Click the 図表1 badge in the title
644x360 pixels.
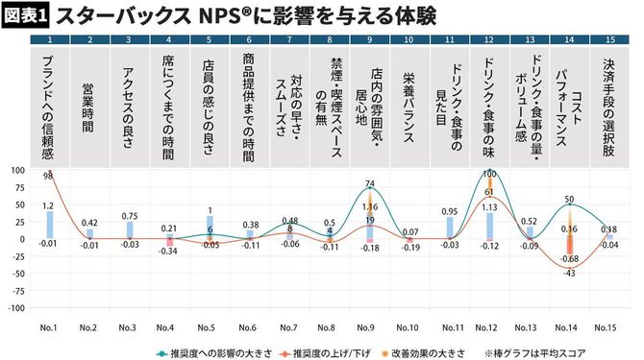(26, 15)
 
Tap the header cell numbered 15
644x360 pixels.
(609, 39)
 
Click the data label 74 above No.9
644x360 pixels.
(370, 183)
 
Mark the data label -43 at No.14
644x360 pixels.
(567, 275)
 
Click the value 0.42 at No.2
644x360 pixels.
(89, 223)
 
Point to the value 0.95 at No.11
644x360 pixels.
(448, 211)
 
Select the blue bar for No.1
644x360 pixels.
(49, 225)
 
